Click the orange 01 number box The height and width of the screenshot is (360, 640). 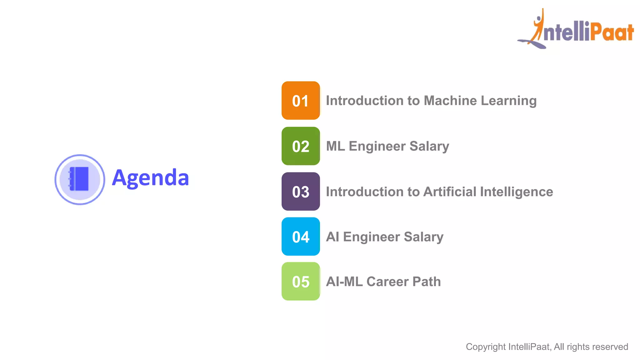click(301, 101)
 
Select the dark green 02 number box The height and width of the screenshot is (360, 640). click(301, 146)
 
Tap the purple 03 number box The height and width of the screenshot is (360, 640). click(301, 191)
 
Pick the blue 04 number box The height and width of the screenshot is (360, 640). click(301, 237)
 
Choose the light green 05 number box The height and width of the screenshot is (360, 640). click(301, 281)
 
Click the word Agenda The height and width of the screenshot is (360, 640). click(150, 178)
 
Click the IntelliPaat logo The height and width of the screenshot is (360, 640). click(576, 30)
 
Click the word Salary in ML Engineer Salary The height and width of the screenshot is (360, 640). click(429, 146)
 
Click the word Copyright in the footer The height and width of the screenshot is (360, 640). click(486, 347)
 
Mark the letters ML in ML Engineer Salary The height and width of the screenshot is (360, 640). click(335, 146)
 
